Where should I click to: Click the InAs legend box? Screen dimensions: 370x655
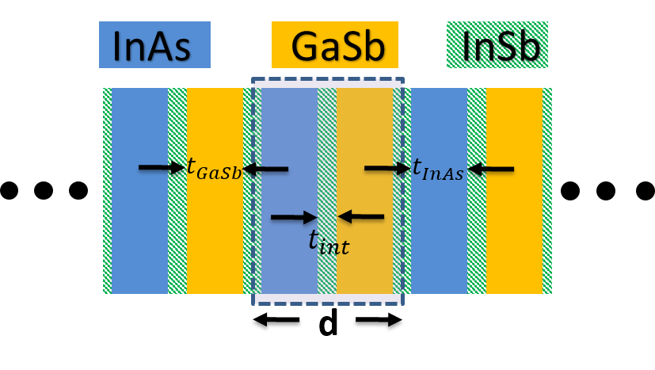154,45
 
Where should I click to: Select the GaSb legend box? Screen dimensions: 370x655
334,45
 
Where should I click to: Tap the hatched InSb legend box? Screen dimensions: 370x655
497,45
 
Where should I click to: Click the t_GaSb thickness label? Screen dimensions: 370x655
213,169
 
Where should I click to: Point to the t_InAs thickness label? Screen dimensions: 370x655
438,169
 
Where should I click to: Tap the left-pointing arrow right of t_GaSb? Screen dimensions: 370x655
265,168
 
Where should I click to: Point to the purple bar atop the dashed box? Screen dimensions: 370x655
328,83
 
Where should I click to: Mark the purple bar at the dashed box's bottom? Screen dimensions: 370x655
328,299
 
